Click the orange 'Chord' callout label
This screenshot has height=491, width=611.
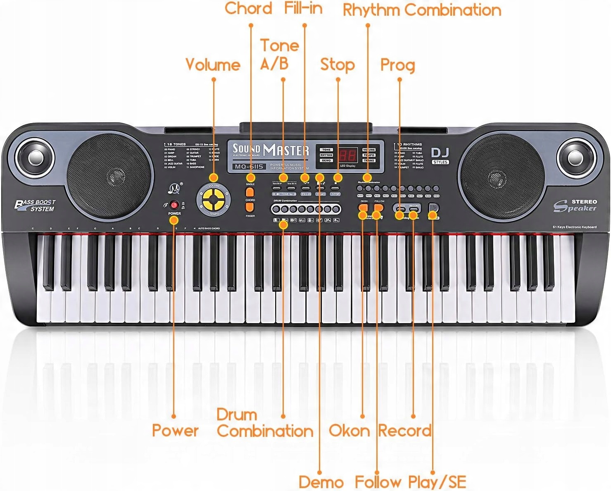pos(248,9)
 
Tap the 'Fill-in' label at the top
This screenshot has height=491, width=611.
pos(303,8)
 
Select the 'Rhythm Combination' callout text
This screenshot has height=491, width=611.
pos(422,10)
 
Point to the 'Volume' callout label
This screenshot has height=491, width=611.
pos(213,65)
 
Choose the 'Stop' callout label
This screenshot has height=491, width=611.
pos(337,65)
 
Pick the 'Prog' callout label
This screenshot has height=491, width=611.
pos(397,65)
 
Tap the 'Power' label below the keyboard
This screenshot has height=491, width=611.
pos(175,430)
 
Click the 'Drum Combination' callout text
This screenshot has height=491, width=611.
pos(264,423)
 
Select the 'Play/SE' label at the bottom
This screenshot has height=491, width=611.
pos(437,482)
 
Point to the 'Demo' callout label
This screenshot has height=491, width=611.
pos(321,482)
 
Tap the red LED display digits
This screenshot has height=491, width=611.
pos(348,155)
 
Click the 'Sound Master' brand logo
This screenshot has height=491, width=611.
pos(270,150)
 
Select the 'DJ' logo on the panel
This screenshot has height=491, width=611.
pos(440,153)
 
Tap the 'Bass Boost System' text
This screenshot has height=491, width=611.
pos(35,205)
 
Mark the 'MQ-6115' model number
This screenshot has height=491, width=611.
pos(247,167)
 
